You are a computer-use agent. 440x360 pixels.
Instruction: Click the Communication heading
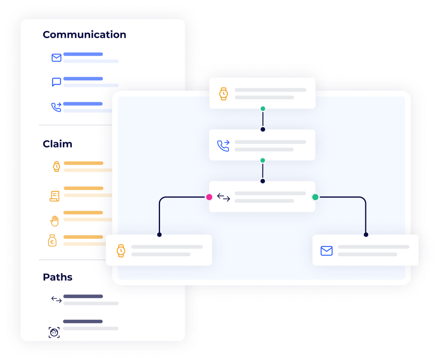click(85, 35)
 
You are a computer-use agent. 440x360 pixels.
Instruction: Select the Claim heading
click(58, 144)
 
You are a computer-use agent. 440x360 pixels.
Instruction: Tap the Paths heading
click(58, 277)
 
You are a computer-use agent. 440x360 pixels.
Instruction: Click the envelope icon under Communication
click(56, 58)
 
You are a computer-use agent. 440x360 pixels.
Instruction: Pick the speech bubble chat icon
click(56, 82)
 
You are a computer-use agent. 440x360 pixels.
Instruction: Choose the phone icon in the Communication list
click(56, 107)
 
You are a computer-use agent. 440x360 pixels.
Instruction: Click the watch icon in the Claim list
click(56, 166)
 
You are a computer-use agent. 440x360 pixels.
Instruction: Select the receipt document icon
click(54, 196)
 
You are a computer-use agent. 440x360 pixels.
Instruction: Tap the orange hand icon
click(54, 221)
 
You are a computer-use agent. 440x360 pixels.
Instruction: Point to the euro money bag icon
click(52, 241)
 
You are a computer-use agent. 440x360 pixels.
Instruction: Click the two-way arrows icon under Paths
click(56, 300)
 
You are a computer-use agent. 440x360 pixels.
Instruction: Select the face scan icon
click(54, 333)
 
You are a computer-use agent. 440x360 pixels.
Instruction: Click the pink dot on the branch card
click(209, 197)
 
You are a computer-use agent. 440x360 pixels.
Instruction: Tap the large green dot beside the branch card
click(315, 197)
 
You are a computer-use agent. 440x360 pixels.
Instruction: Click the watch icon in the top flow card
click(223, 94)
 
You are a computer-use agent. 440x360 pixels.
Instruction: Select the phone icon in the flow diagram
click(223, 146)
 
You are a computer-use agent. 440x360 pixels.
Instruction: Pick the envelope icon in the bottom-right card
click(327, 251)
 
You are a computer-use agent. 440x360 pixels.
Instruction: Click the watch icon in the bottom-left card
click(121, 251)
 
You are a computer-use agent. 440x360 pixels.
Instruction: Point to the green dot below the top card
click(262, 108)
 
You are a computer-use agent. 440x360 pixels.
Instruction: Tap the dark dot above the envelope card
click(366, 234)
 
